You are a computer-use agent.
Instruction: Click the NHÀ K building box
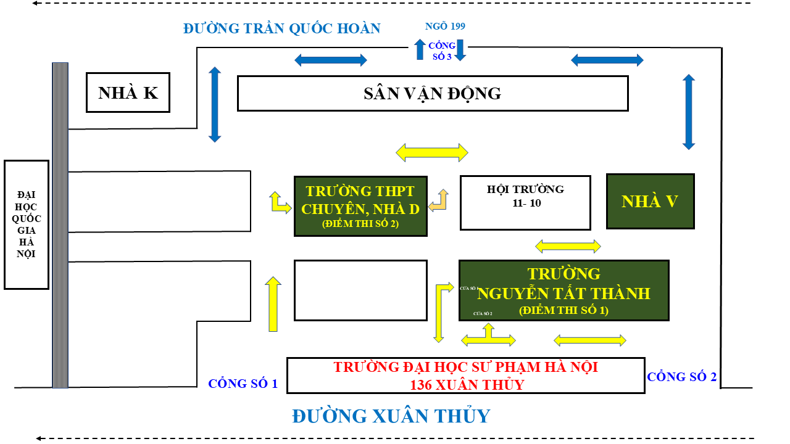coord(128,92)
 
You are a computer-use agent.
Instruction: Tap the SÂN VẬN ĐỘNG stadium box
coord(432,93)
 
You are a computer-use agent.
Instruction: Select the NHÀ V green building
coord(651,201)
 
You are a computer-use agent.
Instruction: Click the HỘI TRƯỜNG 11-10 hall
coord(525,202)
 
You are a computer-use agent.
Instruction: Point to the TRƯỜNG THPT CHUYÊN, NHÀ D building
coord(360,205)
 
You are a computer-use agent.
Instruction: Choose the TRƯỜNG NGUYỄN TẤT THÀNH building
coord(563,290)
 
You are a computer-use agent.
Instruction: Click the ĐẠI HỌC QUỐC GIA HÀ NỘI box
coord(27,224)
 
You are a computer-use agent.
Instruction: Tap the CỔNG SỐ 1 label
coord(243,384)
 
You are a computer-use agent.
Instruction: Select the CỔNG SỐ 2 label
coord(681,377)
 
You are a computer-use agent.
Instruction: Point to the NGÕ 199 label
coord(445,26)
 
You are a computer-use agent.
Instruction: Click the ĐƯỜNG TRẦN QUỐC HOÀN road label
coord(281,28)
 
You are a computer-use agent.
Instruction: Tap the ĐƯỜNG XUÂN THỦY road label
coord(391,416)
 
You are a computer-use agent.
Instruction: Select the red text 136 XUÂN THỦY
coord(466,385)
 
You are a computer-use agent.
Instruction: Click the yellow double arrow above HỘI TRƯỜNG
coord(432,152)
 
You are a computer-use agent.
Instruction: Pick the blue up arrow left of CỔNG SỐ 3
coord(420,49)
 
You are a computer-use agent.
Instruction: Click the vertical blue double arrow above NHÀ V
coord(689,112)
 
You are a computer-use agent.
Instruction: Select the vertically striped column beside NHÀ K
coord(60,225)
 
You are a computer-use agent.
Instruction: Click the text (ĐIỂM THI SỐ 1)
coord(563,311)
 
